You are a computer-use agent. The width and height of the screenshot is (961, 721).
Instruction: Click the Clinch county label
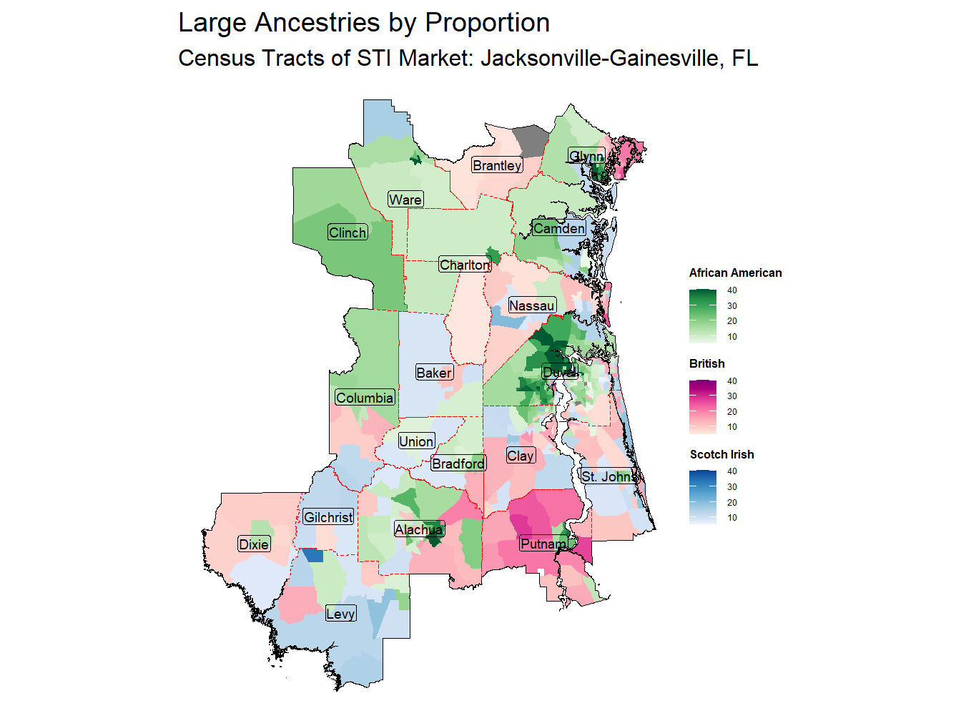348,232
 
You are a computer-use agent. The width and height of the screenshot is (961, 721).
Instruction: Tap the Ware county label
405,200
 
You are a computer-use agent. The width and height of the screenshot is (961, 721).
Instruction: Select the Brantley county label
497,166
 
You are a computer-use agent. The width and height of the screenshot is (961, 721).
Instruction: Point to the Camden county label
559,228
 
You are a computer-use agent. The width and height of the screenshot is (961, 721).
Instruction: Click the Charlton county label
465,265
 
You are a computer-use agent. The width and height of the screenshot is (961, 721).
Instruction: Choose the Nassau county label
531,306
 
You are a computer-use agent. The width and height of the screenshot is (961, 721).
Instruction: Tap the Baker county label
434,373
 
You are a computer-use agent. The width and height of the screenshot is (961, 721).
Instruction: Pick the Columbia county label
365,398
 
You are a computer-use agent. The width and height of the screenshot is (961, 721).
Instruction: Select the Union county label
416,441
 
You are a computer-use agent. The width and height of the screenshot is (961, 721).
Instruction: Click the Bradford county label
458,463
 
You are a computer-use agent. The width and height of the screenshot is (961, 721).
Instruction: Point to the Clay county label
521,456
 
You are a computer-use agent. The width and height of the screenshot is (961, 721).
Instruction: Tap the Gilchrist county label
328,517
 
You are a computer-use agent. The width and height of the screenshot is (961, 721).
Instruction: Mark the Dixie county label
254,544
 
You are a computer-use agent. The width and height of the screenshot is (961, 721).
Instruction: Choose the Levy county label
340,614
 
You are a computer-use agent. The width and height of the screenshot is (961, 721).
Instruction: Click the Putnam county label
543,544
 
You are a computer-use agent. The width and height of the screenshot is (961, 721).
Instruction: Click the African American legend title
735,273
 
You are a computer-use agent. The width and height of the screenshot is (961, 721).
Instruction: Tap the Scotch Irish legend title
721,455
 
